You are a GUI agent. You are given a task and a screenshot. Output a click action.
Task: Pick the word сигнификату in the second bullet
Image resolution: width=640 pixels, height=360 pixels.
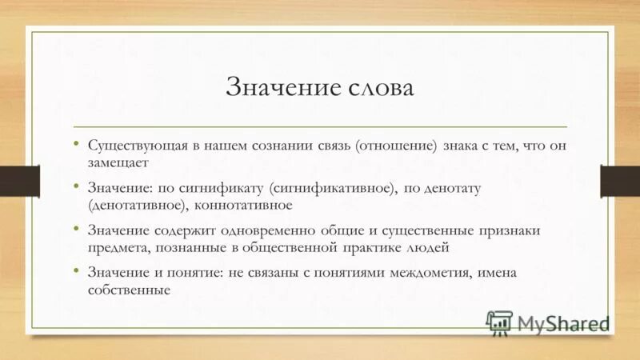coord(217,188)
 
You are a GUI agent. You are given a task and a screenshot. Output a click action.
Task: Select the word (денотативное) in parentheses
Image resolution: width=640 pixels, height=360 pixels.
coord(135,204)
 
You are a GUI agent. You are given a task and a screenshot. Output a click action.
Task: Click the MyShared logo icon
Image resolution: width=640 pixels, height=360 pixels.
coord(498,322)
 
